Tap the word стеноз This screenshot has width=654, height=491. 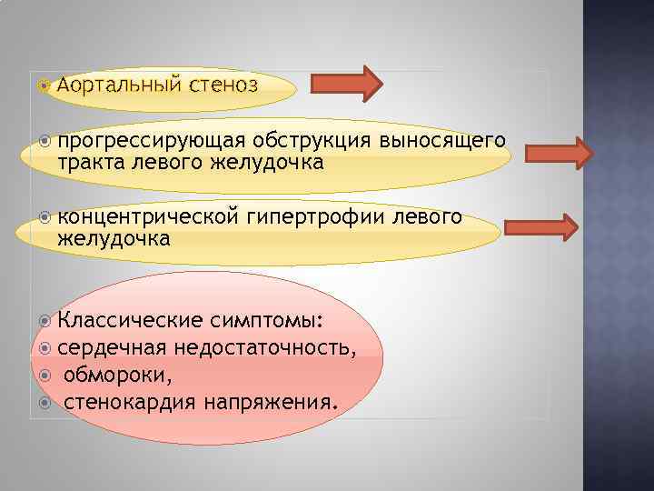point(223,85)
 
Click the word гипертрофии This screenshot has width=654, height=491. point(313,217)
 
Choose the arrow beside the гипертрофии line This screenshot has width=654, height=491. point(541,227)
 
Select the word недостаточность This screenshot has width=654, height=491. point(264,347)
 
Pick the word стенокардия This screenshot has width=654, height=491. point(128,400)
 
